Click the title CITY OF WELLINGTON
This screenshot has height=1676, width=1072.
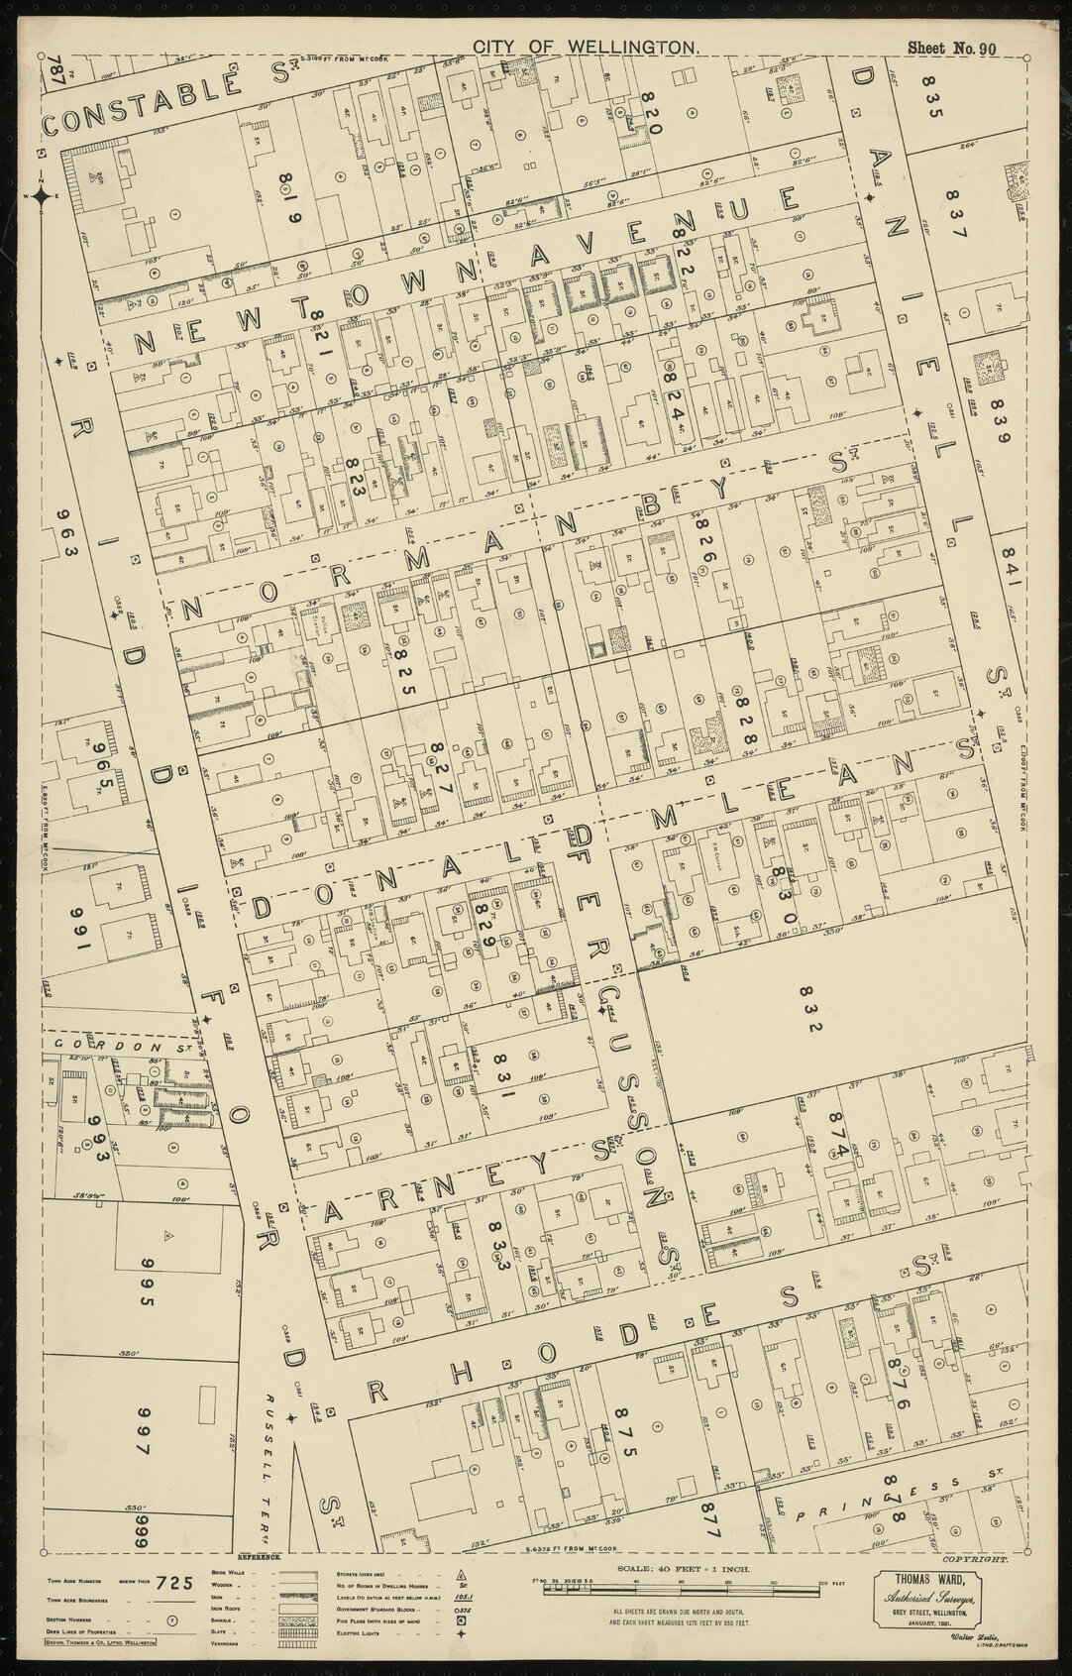[587, 47]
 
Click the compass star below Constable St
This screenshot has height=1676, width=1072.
[43, 195]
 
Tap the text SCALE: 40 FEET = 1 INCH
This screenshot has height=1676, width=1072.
[685, 1596]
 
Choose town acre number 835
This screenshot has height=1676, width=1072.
[931, 95]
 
